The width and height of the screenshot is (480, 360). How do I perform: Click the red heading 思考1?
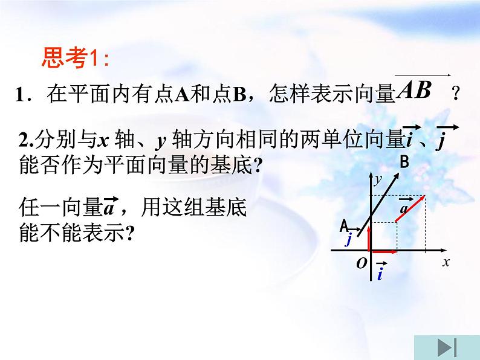(76, 59)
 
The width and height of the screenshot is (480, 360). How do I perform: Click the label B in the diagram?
(404, 161)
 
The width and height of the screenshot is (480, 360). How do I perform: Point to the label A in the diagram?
(344, 226)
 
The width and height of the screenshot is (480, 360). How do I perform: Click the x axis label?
(446, 262)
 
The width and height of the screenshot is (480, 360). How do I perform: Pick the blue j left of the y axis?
(349, 239)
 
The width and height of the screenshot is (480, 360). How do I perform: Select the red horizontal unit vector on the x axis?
(383, 250)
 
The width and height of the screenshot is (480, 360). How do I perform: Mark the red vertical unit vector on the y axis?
(369, 236)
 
